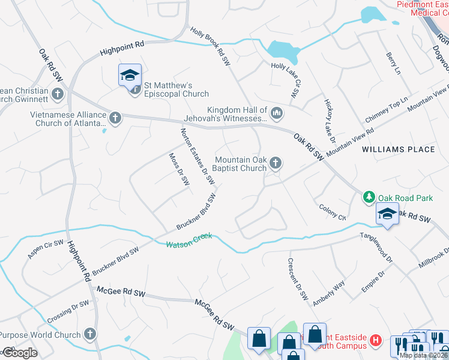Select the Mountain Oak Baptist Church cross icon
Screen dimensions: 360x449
tap(276, 162)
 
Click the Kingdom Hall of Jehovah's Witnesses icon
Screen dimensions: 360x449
tap(277, 112)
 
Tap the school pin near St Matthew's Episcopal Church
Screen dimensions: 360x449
tap(130, 76)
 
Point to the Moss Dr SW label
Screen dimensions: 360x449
tap(178, 169)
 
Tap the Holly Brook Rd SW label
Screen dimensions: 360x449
tap(210, 46)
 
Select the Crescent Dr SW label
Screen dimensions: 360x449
tap(297, 280)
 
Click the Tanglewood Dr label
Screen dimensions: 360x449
tap(376, 248)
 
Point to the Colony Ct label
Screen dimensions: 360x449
tap(333, 213)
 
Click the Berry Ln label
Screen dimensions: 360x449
tap(393, 62)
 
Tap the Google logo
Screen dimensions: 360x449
tap(19, 353)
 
